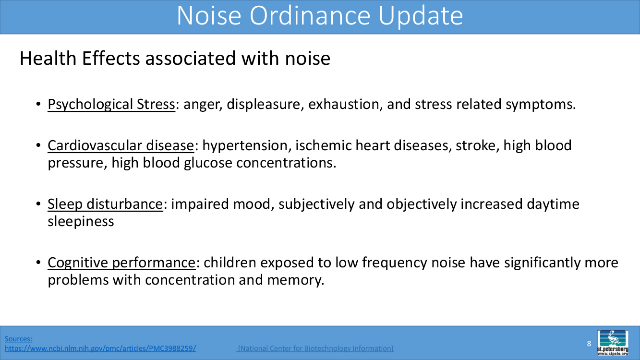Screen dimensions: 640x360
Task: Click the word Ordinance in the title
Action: click(x=310, y=16)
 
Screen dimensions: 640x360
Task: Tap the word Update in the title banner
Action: click(x=420, y=17)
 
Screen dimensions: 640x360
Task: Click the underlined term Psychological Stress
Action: click(x=111, y=105)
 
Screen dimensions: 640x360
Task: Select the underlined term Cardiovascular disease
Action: click(x=121, y=145)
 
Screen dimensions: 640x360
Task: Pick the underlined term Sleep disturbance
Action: click(x=106, y=204)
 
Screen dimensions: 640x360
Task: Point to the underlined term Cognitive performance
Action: click(x=122, y=263)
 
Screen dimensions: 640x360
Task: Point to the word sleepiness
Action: click(x=81, y=222)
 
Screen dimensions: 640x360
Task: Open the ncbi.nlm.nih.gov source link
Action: click(x=100, y=348)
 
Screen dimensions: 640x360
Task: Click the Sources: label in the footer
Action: click(x=18, y=339)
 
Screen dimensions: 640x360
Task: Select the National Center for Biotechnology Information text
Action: click(x=315, y=348)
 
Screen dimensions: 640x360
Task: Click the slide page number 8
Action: click(x=589, y=343)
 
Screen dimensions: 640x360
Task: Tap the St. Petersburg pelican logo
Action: click(x=613, y=343)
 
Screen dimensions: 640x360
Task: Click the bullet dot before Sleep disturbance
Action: click(x=38, y=204)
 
